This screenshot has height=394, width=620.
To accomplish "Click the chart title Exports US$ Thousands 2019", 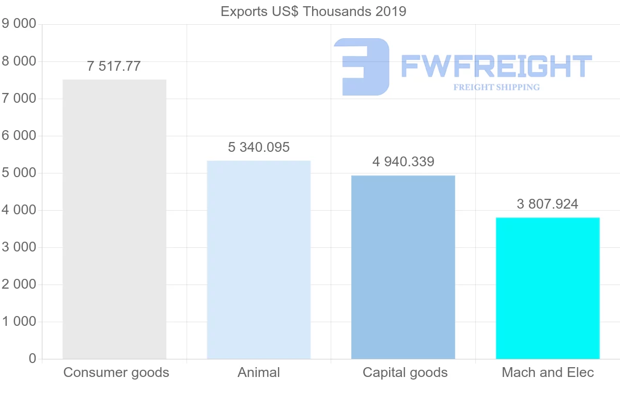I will (313, 11).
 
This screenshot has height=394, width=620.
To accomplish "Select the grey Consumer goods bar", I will (114, 219).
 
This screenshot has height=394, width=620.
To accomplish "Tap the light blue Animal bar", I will (259, 259).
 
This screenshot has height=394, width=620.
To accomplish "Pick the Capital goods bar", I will (403, 267).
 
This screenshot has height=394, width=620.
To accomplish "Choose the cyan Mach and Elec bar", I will (548, 288).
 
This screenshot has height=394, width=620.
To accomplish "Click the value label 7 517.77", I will (114, 67).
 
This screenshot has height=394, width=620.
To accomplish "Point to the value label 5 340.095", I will (259, 148).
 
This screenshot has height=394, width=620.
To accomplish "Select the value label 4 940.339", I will (403, 162).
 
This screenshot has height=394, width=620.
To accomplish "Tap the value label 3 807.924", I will (548, 204).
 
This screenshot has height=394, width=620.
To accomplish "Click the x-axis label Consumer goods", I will (116, 373).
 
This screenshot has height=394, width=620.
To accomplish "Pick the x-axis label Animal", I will (259, 373).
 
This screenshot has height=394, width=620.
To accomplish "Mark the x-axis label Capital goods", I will (405, 373).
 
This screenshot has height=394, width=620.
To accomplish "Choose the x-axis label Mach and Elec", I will (548, 373).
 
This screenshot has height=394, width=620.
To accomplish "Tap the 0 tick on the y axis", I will (33, 359).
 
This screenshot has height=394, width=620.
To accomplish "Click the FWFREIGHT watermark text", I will (496, 67).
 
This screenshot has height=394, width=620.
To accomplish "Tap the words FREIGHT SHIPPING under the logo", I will (496, 87).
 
